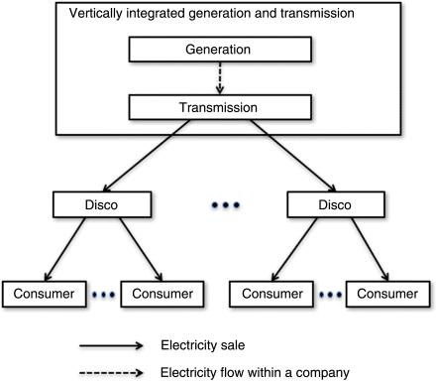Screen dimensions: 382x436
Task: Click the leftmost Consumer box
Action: tap(44, 295)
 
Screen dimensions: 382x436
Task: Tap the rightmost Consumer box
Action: tap(392, 295)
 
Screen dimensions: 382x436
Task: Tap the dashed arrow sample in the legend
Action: tap(113, 373)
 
